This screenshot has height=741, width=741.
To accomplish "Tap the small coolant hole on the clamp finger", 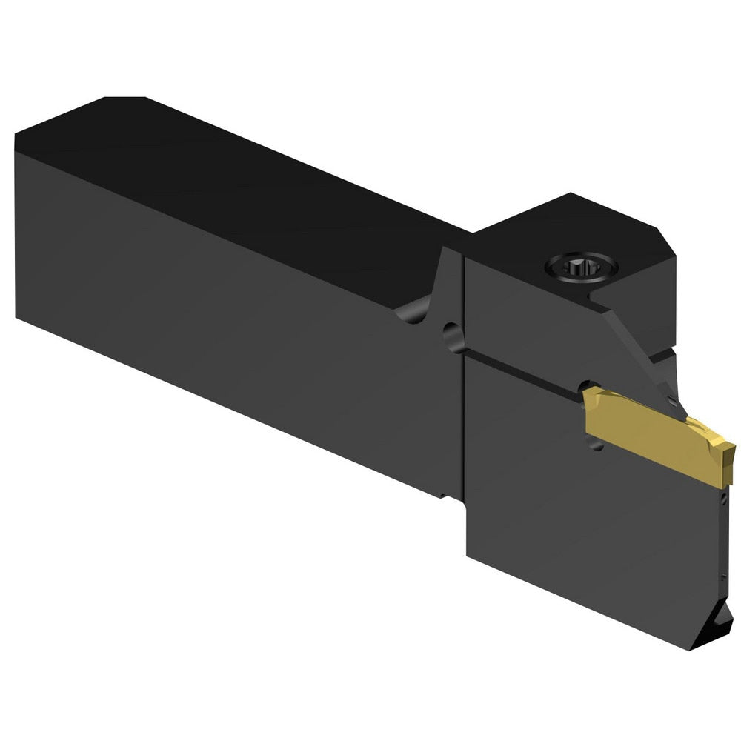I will (670, 401).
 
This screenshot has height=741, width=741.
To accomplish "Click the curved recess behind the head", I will (419, 311).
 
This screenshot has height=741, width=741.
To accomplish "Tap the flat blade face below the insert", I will (593, 534).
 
